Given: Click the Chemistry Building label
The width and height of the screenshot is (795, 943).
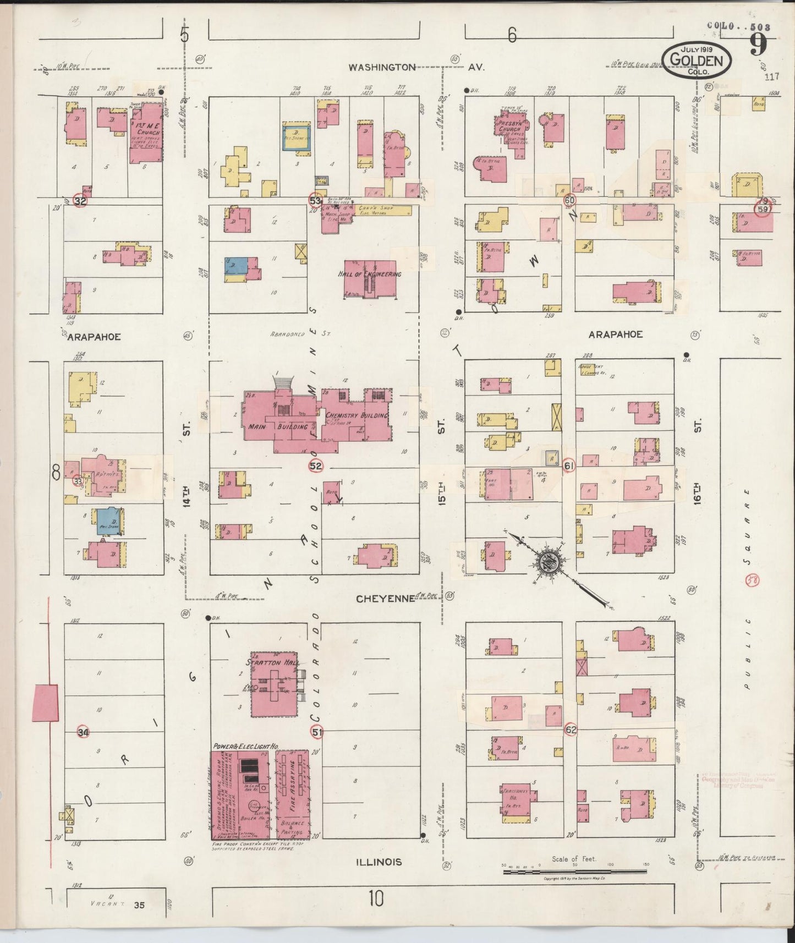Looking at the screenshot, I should pos(357,415).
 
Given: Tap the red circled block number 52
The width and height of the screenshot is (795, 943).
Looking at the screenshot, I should pos(316,466).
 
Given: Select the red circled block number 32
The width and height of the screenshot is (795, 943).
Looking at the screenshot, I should pos(80,201).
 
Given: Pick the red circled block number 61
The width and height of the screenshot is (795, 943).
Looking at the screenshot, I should pos(569,466).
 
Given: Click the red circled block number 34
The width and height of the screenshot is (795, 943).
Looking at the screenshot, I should pos(83,732).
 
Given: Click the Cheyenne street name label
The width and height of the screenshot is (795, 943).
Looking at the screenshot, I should pos(385,599).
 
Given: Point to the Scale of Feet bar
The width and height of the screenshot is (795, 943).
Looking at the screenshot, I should pos(574,871).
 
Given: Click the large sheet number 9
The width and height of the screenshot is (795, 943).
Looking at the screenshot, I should pos(759,44).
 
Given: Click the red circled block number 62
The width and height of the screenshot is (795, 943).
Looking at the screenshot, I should pos(571,731).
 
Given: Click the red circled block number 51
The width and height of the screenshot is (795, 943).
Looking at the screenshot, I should pos(317,732).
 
